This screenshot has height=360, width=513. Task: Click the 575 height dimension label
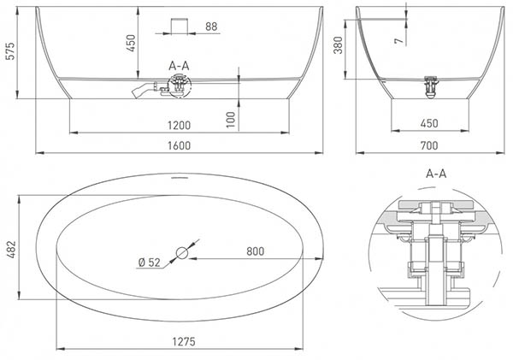click(x=11, y=51)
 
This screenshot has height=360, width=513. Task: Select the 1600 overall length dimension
click(x=179, y=145)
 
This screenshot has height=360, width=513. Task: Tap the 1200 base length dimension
click(x=179, y=125)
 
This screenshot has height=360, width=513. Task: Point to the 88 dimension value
click(x=211, y=27)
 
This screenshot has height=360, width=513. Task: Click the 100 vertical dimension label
click(x=231, y=120)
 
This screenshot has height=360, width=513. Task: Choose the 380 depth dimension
click(x=338, y=45)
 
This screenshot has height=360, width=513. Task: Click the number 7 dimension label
click(x=398, y=41)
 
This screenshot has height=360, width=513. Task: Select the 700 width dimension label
click(x=429, y=145)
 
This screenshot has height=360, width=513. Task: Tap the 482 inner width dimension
click(x=11, y=250)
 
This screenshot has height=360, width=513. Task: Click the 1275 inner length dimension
click(x=184, y=342)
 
